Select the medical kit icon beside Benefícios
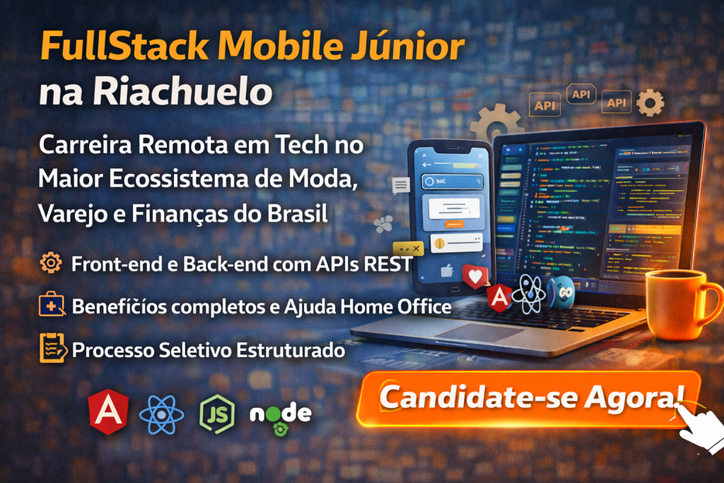tap(51, 306)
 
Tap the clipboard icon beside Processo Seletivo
tap(51, 349)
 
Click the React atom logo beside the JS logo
tap(161, 414)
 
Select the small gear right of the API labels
tap(650, 103)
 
